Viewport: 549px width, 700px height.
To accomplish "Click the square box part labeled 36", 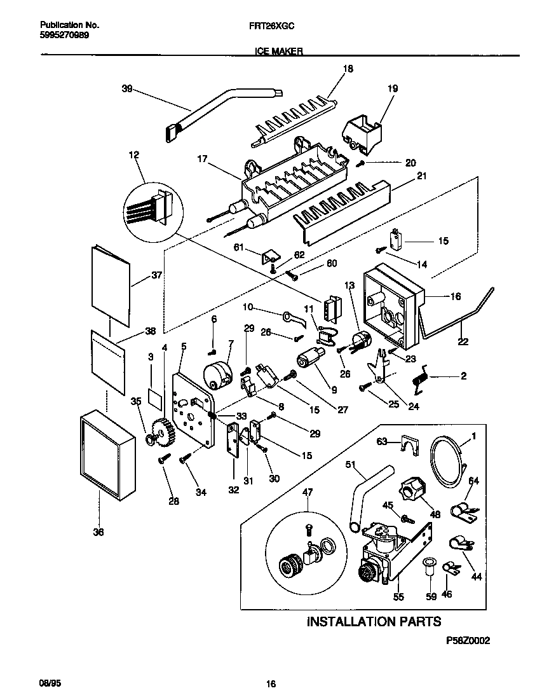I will tap(107, 456).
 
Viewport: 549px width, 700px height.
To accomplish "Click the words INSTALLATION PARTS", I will tap(373, 621).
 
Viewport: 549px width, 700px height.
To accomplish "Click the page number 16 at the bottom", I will tap(271, 684).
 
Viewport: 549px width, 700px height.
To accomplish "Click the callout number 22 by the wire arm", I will tap(463, 342).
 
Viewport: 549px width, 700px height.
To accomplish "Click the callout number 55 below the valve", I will tap(398, 597).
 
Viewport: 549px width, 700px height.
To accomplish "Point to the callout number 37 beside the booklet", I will tap(156, 275).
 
